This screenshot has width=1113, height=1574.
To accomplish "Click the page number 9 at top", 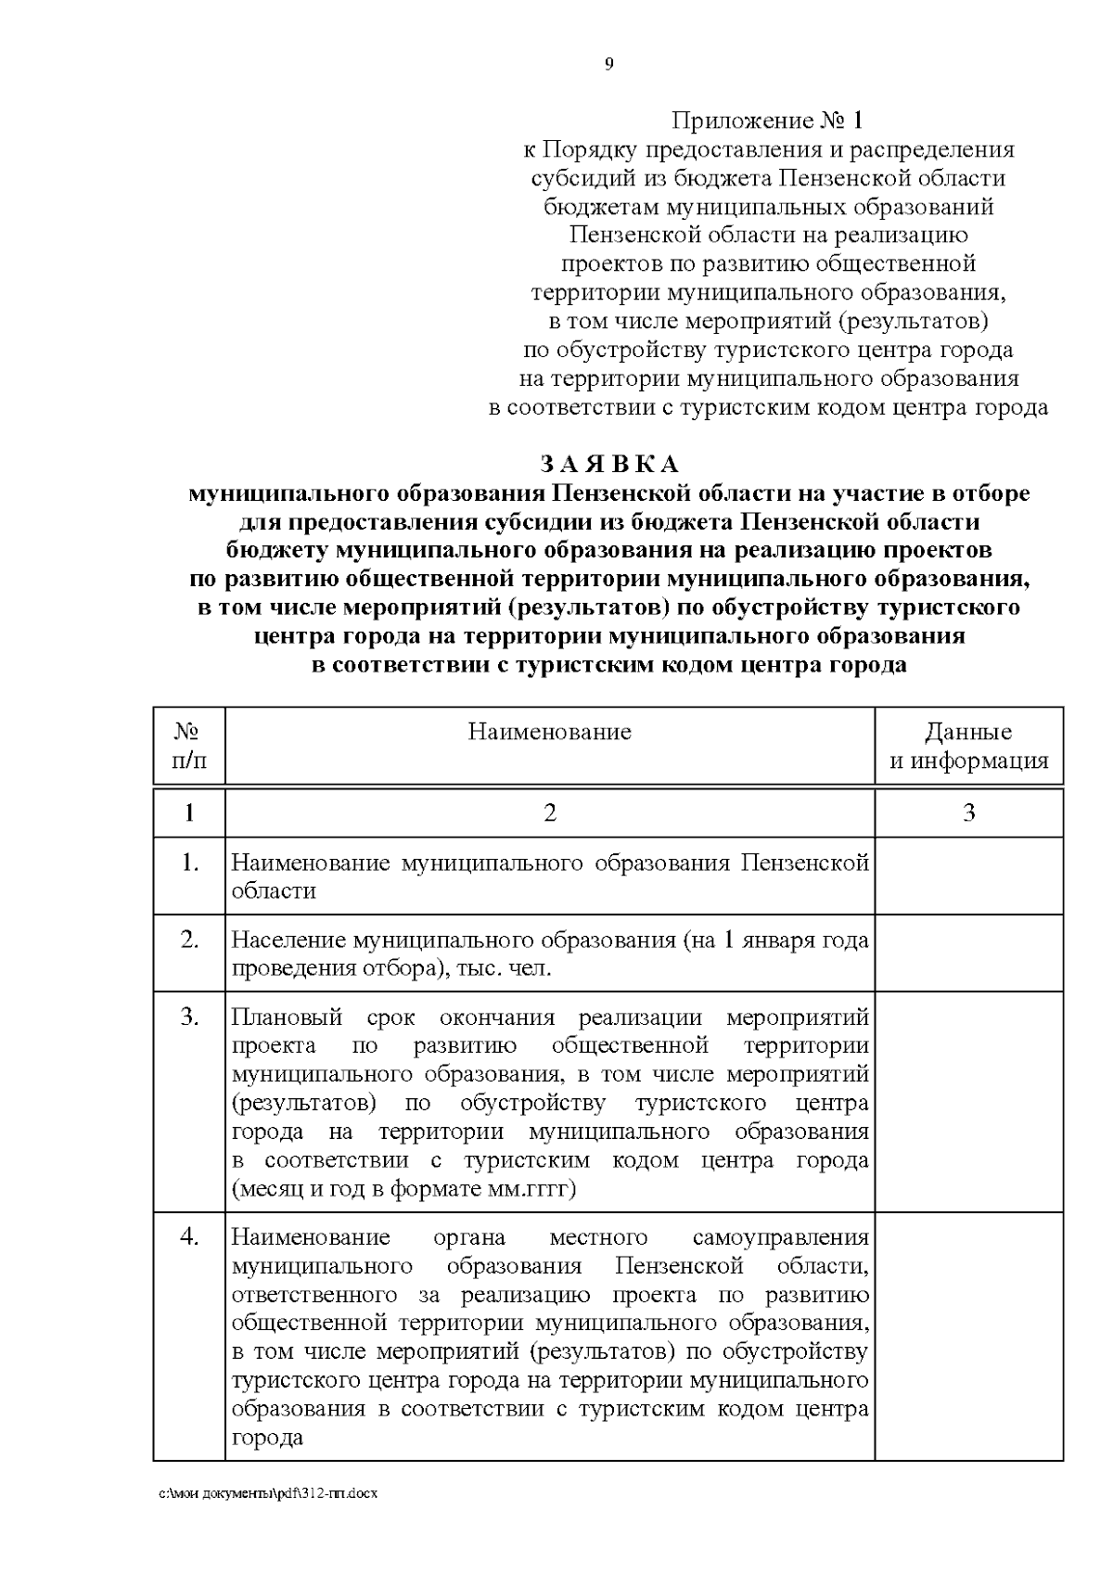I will point(608,64).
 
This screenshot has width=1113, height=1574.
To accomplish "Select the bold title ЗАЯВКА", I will point(609,464).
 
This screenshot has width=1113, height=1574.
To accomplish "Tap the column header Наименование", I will point(549,732).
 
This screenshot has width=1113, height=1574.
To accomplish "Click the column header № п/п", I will point(189,746).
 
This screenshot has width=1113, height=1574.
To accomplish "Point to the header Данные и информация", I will point(968,746).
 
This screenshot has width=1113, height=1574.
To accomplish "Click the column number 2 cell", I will point(549,813).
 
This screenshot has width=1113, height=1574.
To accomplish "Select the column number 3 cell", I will point(968,813).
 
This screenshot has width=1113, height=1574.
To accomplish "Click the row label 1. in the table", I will point(189,864).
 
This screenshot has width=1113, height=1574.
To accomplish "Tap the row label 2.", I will point(189,941).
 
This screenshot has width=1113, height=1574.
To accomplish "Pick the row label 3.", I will point(189,1017).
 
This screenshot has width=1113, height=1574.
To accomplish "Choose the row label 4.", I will point(189,1237).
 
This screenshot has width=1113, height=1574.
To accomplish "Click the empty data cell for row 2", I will point(968,953).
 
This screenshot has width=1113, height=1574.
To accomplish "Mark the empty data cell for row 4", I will point(968,1336).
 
